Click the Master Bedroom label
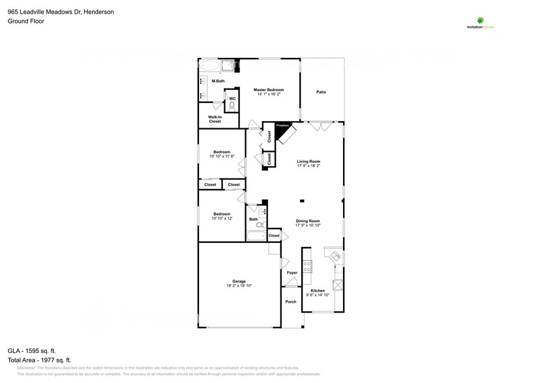pyautogui.click(x=268, y=89)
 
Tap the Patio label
pyautogui.click(x=321, y=92)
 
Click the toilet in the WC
pyautogui.click(x=232, y=107)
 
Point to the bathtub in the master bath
pyautogui.click(x=210, y=66)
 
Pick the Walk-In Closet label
pyautogui.click(x=215, y=119)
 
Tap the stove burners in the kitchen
pyautogui.click(x=307, y=265)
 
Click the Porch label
pyautogui.click(x=291, y=302)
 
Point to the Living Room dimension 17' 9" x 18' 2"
pyautogui.click(x=309, y=166)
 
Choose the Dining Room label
pyautogui.click(x=309, y=220)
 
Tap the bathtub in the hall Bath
pyautogui.click(x=256, y=236)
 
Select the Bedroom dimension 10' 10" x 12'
pyautogui.click(x=221, y=218)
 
